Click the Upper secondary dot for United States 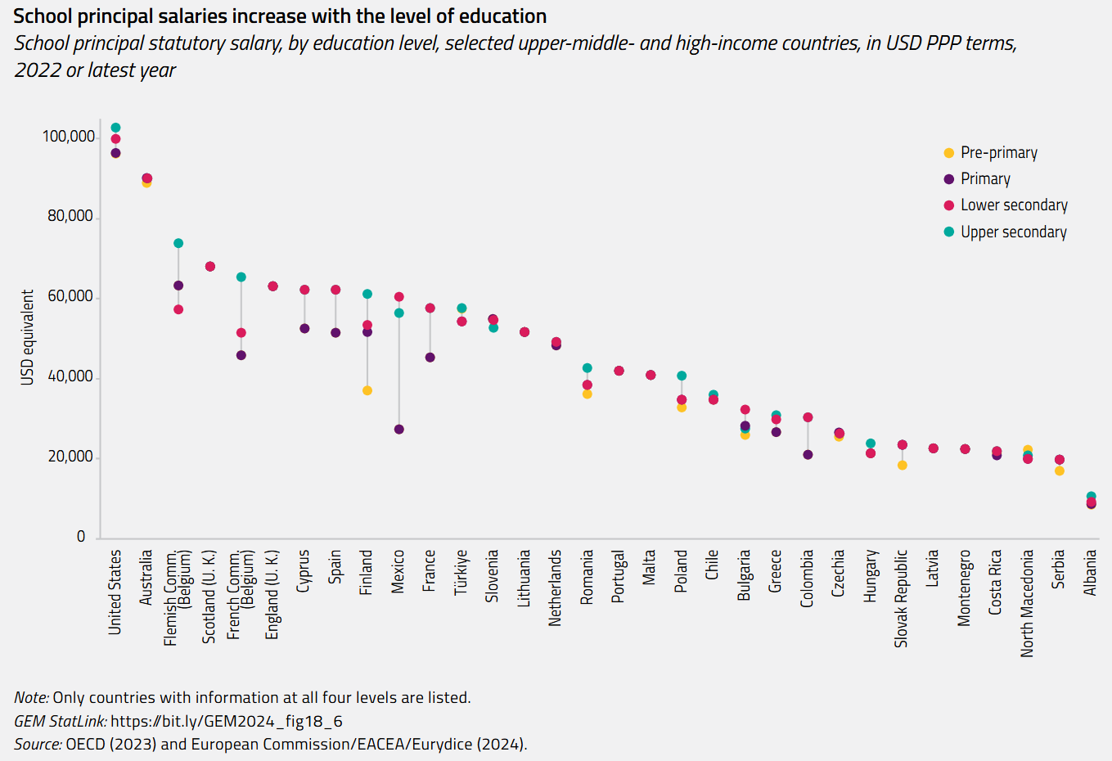point(115,128)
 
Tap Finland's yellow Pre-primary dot point(367,390)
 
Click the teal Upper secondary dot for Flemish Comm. point(178,243)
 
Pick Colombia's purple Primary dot point(808,454)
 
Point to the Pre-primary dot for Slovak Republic point(902,465)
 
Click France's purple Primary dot point(430,358)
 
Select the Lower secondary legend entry point(1014,205)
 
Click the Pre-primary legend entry point(998,153)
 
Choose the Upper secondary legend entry point(1013,232)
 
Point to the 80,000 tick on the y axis point(70,216)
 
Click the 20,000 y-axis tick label point(70,457)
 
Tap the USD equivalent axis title point(28,337)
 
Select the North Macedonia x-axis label point(1028,602)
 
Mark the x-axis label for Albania point(1090,572)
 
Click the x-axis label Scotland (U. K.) point(209,596)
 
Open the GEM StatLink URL point(226,721)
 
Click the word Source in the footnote point(38,744)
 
